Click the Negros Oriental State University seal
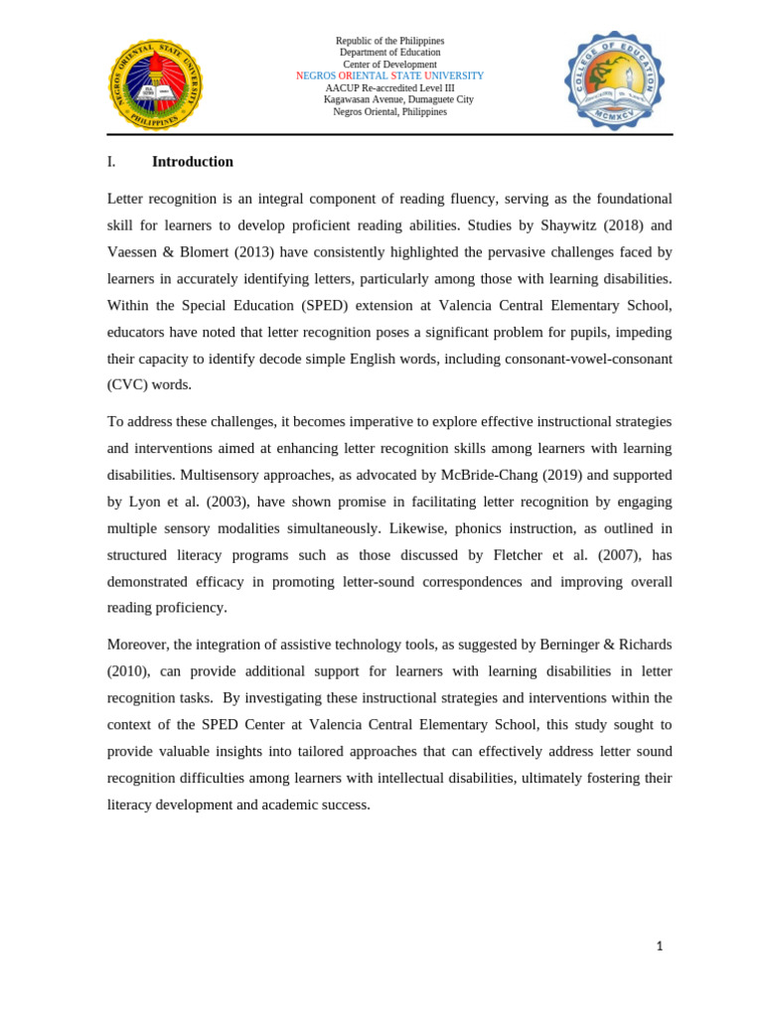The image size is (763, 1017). pos(154,84)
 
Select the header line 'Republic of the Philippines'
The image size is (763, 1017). pos(389,41)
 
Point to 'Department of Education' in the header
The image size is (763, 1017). pos(389,53)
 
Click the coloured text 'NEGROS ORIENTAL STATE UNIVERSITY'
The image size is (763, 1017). pos(389,75)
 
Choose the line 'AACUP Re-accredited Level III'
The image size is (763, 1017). pos(389,87)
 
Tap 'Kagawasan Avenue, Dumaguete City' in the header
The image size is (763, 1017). pos(398,99)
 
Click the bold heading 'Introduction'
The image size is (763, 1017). pos(193,162)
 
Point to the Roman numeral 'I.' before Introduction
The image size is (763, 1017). pos(111,162)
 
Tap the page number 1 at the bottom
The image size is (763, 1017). pos(659,946)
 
